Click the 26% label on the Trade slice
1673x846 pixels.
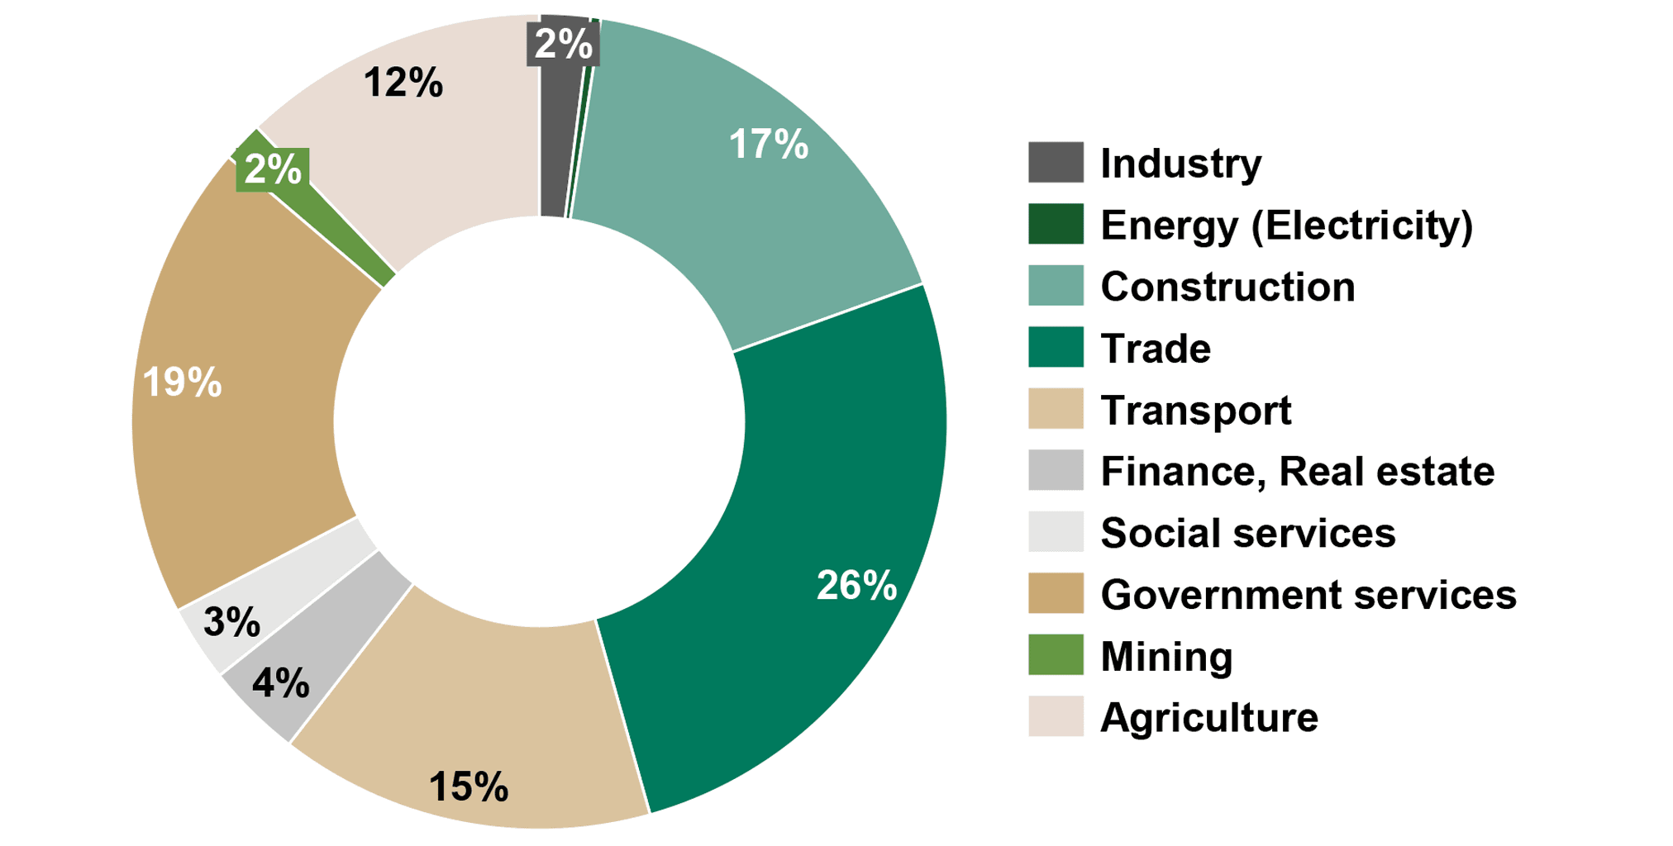[856, 586]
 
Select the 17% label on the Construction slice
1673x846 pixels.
[768, 145]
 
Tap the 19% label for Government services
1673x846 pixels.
[182, 383]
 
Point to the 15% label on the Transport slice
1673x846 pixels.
[468, 787]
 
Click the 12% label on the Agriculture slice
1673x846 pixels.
[403, 83]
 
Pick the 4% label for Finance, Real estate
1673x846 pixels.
[281, 683]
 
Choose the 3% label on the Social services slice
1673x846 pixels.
[232, 622]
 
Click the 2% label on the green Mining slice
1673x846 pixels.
[273, 169]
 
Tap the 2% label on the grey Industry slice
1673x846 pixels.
[564, 44]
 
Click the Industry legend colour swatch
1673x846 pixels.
[1056, 163]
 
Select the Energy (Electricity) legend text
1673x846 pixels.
[1286, 225]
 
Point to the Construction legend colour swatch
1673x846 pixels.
[1056, 286]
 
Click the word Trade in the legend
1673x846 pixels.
[1156, 348]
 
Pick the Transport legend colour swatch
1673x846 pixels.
[1056, 409]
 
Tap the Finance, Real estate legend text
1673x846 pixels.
[1297, 471]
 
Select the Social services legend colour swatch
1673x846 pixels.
[1056, 532]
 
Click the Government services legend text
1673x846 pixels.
[1308, 594]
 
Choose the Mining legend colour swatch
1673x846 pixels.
[1056, 655]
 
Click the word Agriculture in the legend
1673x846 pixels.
[1209, 717]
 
